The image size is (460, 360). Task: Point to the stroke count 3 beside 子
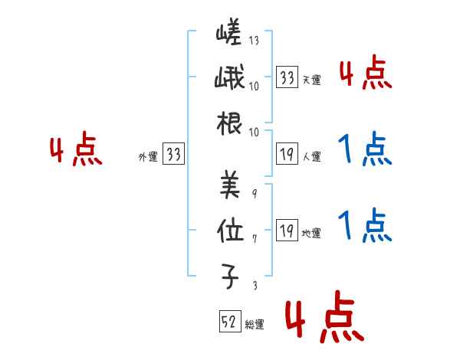(x=254, y=285)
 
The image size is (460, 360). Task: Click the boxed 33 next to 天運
(x=287, y=78)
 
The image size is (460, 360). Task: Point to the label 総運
(x=255, y=325)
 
